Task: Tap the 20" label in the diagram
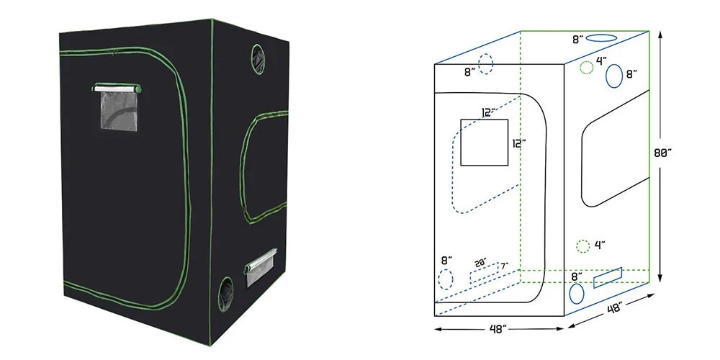481,262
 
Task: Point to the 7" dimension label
505,266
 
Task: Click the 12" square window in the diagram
485,143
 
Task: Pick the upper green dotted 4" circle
586,68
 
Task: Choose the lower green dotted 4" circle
582,246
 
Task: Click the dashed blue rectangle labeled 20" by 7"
484,273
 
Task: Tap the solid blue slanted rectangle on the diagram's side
608,277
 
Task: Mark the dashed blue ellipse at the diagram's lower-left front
446,279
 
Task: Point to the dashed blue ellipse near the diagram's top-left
485,64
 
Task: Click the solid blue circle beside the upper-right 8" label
614,76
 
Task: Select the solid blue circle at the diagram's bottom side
577,294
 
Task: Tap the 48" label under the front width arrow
499,329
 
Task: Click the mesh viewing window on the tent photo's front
119,111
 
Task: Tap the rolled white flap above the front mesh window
117,88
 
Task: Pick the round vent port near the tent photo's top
258,59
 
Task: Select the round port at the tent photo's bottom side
225,294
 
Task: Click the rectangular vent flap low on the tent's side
261,268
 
